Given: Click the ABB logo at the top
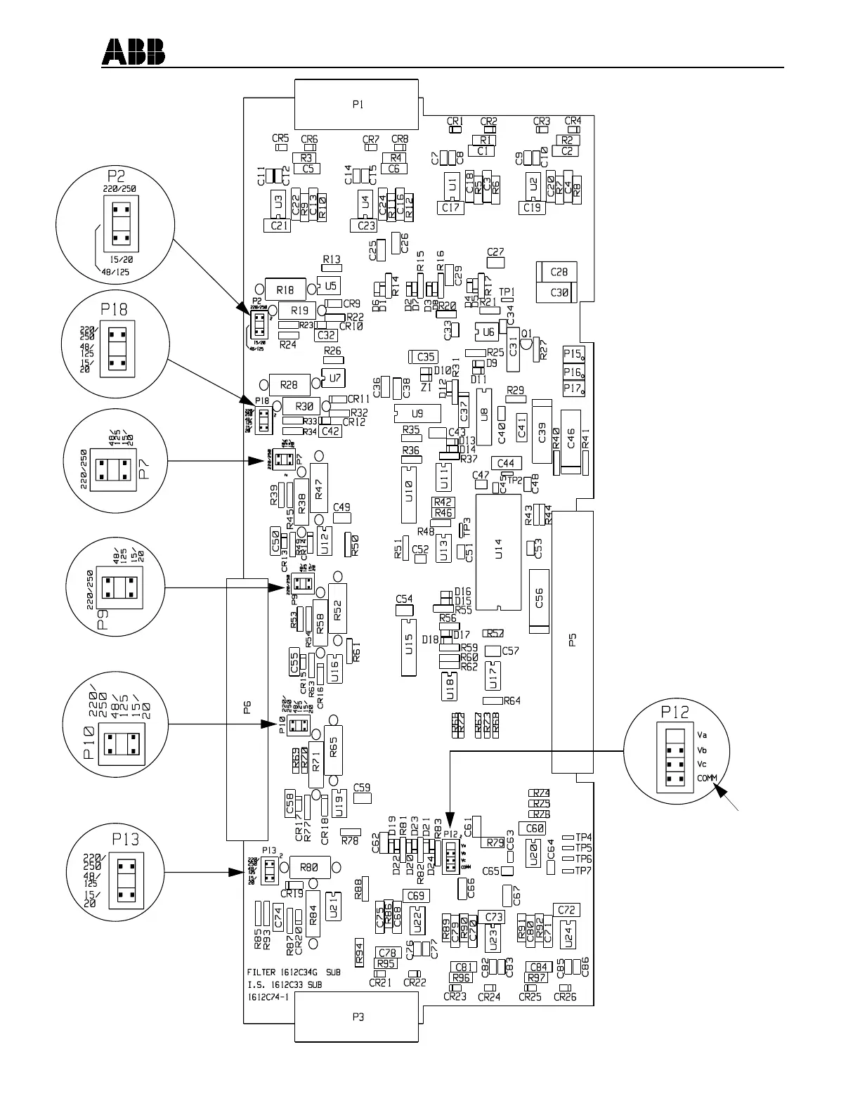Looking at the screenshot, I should pyautogui.click(x=134, y=51).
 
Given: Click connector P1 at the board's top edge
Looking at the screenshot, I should pyautogui.click(x=357, y=104).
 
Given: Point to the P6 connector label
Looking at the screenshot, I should pyautogui.click(x=247, y=707).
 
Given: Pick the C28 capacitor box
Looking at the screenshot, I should pyautogui.click(x=559, y=272).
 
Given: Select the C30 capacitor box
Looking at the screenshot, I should pyautogui.click(x=559, y=292).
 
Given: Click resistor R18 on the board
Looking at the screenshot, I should pyautogui.click(x=285, y=289).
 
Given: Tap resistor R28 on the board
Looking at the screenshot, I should pyautogui.click(x=289, y=384).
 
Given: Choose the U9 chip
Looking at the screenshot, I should pyautogui.click(x=417, y=413).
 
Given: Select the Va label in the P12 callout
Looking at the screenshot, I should pyautogui.click(x=702, y=735).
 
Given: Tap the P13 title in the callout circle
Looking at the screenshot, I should pyautogui.click(x=126, y=839).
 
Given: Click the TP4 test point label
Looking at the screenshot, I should pyautogui.click(x=583, y=837).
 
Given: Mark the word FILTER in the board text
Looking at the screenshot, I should pyautogui.click(x=261, y=973).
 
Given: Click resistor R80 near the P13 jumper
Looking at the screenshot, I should pyautogui.click(x=308, y=868).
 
